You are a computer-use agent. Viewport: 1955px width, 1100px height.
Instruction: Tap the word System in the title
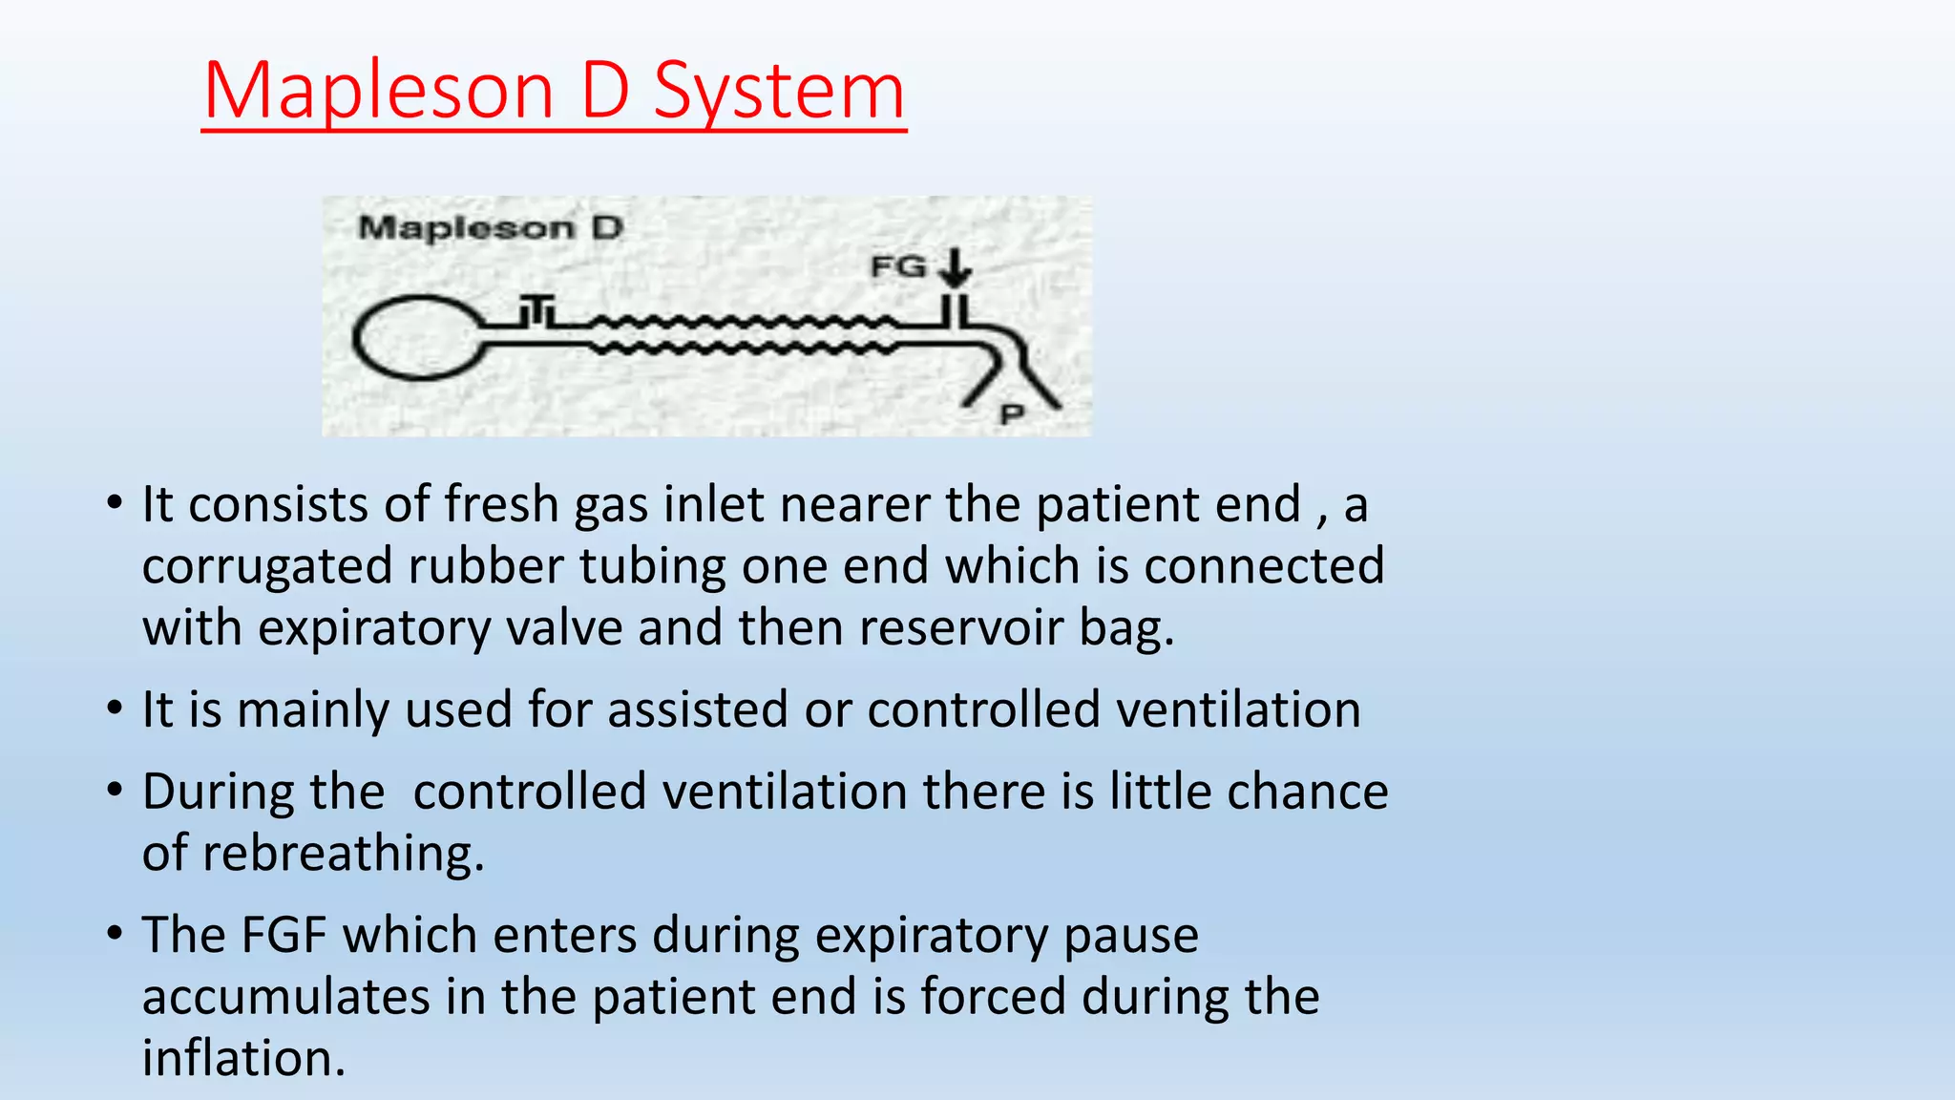[x=779, y=92]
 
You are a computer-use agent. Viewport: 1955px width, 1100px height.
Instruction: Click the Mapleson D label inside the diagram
[x=490, y=228]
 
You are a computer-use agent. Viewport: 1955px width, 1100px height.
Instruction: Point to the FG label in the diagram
[x=898, y=266]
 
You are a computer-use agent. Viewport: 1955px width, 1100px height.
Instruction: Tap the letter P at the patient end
[x=1011, y=414]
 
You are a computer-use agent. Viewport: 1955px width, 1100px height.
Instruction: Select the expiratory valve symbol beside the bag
[x=536, y=310]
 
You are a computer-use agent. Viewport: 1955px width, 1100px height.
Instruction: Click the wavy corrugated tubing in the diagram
[x=745, y=334]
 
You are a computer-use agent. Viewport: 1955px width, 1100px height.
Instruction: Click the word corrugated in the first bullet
[x=267, y=567]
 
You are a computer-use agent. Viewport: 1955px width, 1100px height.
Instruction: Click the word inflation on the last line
[x=243, y=1059]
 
